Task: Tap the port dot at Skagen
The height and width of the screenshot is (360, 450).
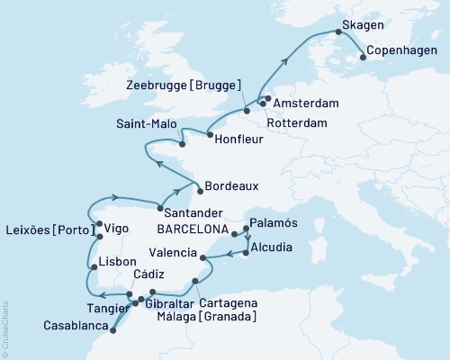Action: [339, 32]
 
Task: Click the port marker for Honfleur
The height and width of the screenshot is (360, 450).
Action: [210, 136]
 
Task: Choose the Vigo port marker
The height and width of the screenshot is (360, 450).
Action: [100, 226]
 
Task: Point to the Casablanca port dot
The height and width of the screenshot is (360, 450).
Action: [112, 330]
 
